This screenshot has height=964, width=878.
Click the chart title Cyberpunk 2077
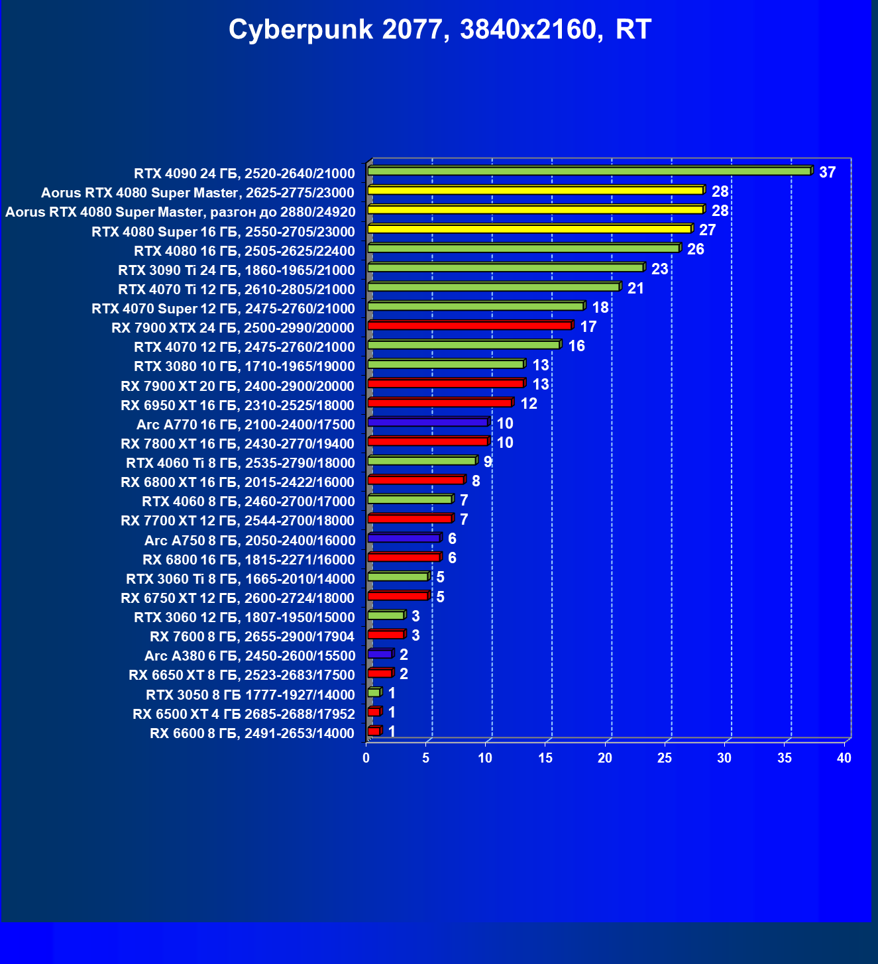pyautogui.click(x=440, y=30)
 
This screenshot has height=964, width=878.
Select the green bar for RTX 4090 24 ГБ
pyautogui.click(x=588, y=171)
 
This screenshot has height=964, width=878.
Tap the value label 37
pyautogui.click(x=827, y=172)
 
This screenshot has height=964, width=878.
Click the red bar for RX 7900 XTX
pyautogui.click(x=469, y=325)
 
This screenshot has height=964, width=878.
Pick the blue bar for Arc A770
pyautogui.click(x=427, y=422)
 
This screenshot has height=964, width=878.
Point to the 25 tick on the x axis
pyautogui.click(x=665, y=758)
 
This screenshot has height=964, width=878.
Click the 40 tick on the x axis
pyautogui.click(x=844, y=758)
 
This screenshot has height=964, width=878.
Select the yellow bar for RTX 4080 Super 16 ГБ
pyautogui.click(x=529, y=229)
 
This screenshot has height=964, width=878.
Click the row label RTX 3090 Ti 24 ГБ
pyautogui.click(x=237, y=270)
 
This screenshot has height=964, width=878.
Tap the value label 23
pyautogui.click(x=659, y=269)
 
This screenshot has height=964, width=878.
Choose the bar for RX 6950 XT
pyautogui.click(x=439, y=403)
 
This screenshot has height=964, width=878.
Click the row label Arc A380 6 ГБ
pyautogui.click(x=250, y=656)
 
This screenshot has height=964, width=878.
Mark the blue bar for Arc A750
pyautogui.click(x=404, y=538)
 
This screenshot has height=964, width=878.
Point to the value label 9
pyautogui.click(x=488, y=462)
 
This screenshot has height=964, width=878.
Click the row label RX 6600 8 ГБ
pyautogui.click(x=252, y=733)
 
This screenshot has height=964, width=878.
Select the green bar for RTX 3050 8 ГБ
pyautogui.click(x=374, y=692)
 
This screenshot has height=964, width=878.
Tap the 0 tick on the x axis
pyautogui.click(x=366, y=758)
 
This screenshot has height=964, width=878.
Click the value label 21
pyautogui.click(x=635, y=288)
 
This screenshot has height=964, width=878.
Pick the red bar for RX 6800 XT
pyautogui.click(x=415, y=480)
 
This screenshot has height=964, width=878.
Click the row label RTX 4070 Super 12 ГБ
pyautogui.click(x=223, y=309)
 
